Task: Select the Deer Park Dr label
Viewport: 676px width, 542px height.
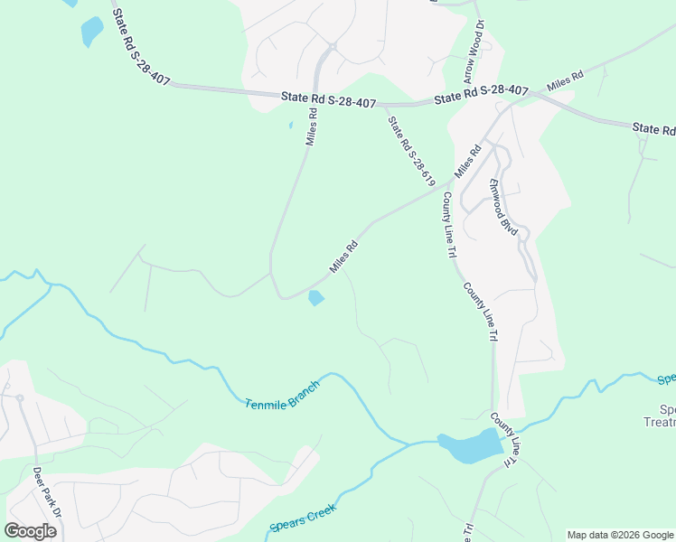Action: click(x=46, y=493)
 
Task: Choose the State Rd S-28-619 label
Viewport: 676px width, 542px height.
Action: click(x=411, y=151)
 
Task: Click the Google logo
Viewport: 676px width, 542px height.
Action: click(x=30, y=531)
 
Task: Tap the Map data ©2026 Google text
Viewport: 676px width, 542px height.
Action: click(x=620, y=535)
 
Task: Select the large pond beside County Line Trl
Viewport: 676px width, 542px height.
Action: click(x=470, y=445)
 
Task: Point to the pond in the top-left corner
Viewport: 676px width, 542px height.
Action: click(x=92, y=32)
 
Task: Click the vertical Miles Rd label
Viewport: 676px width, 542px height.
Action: click(x=312, y=126)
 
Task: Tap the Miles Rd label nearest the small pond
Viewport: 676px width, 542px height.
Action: click(x=344, y=257)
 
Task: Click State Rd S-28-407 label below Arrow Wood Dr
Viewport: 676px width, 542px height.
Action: click(x=481, y=93)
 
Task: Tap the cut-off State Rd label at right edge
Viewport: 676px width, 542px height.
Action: click(x=653, y=129)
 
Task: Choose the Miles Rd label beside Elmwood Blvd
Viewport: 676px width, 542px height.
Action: click(x=467, y=162)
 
